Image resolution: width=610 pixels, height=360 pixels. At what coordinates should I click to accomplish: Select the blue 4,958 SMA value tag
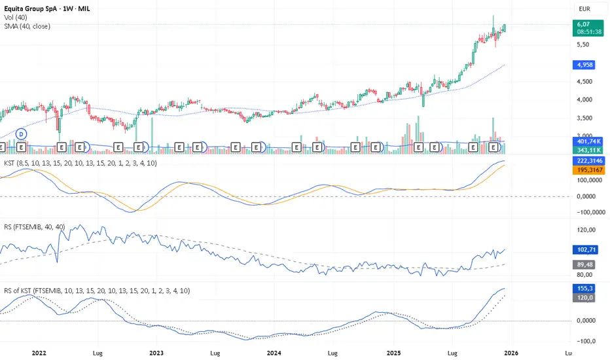click(584, 65)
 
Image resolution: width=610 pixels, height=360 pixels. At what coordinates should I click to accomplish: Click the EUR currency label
click(584, 9)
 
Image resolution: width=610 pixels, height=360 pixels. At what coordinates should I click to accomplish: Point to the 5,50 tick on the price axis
click(583, 45)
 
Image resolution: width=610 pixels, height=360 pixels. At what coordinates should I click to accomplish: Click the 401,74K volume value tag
click(588, 141)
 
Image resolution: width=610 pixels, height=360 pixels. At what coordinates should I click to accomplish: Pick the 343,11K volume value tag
click(588, 150)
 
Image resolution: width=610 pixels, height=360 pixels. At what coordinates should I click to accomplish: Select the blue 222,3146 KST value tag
click(589, 161)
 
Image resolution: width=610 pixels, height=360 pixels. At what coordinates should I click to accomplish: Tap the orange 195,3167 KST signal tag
click(589, 170)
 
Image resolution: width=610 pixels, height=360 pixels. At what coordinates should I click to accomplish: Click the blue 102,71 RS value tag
click(585, 249)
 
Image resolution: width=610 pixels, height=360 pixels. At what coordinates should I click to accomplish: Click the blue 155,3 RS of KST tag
click(584, 289)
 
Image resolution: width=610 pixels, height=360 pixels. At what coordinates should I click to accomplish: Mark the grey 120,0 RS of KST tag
click(584, 298)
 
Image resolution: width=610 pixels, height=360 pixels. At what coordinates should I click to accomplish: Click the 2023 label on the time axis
click(156, 353)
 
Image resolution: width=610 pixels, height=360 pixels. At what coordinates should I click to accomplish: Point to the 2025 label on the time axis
click(393, 353)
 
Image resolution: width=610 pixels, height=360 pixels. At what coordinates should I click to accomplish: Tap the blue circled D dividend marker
click(22, 134)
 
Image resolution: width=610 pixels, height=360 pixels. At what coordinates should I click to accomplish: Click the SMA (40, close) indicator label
click(27, 26)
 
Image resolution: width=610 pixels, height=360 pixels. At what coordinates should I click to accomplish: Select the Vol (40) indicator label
click(16, 18)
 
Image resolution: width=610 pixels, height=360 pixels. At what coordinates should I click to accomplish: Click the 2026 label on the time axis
click(511, 353)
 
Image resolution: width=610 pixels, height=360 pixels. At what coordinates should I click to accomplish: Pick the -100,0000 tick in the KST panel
click(591, 212)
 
